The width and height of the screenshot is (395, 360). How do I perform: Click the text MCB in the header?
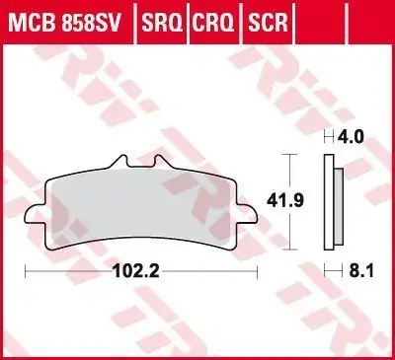pos(32,19)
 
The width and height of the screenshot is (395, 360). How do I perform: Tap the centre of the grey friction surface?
pos(140,202)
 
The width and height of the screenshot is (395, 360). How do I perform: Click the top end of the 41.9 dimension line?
pos(287,156)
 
